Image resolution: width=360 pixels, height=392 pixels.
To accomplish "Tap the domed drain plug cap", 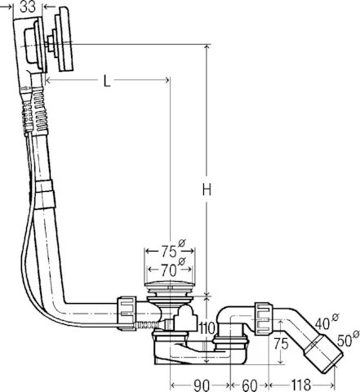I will click(169, 287).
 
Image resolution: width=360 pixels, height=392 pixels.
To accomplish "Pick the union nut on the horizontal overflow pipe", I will click(127, 311).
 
